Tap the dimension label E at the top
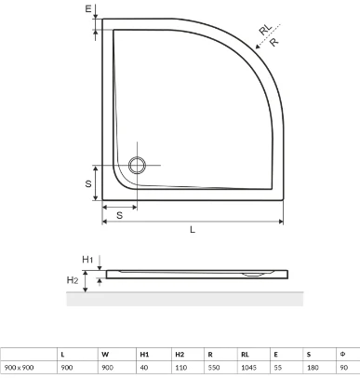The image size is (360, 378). [x=88, y=8]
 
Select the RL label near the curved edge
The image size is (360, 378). [x=265, y=30]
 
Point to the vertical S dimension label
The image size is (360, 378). [x=88, y=183]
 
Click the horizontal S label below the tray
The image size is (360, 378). [x=120, y=215]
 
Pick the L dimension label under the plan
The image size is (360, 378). [x=193, y=230]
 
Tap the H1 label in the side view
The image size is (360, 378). [x=87, y=260]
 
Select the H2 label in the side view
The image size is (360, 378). [x=73, y=280]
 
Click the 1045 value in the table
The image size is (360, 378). [x=248, y=368]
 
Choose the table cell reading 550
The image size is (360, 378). [x=214, y=368]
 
